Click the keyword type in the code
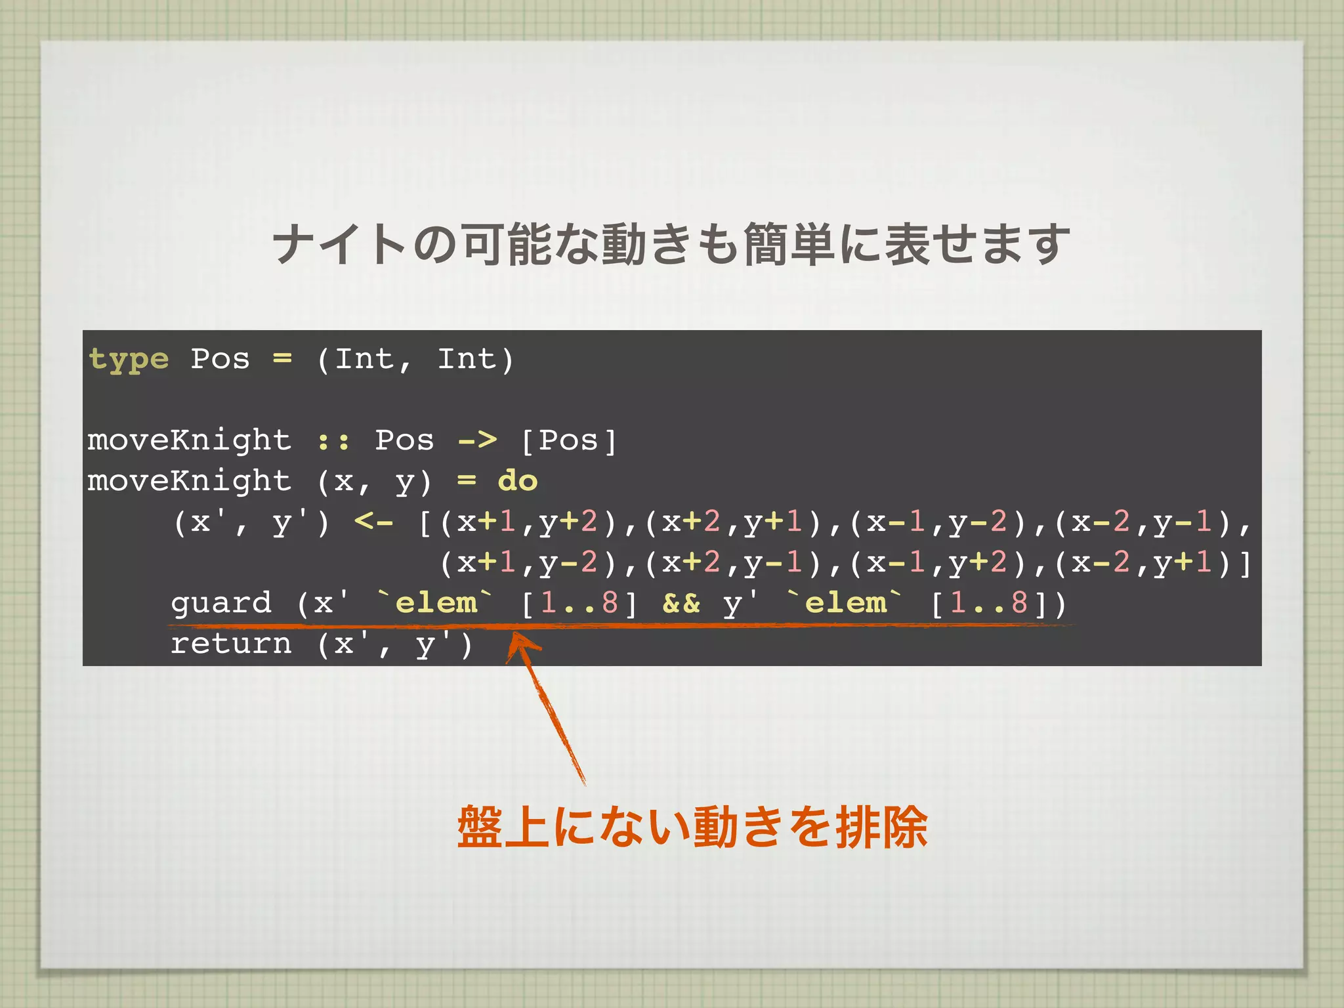point(129,360)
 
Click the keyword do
point(518,481)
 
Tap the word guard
point(221,602)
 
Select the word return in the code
point(231,643)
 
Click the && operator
point(681,602)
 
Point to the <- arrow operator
point(373,522)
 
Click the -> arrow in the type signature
point(477,440)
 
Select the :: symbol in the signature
point(333,440)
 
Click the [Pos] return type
point(568,440)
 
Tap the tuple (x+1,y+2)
point(528,522)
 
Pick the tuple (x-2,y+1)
point(1143,563)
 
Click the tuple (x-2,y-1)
point(1143,522)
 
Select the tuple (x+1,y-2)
point(528,563)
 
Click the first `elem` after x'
point(436,602)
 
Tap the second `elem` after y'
point(845,602)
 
